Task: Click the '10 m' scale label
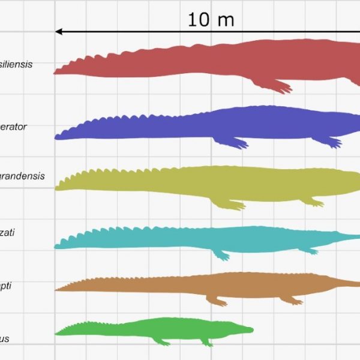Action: click(x=211, y=19)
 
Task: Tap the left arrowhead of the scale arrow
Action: click(x=59, y=31)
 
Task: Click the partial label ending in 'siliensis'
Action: click(x=16, y=64)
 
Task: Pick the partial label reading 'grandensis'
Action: click(x=21, y=176)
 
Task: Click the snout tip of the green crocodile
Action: click(x=252, y=329)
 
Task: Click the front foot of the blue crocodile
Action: click(x=332, y=143)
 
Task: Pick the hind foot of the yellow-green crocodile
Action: click(x=234, y=206)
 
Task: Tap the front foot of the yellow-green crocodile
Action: click(x=314, y=203)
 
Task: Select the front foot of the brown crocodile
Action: click(x=294, y=301)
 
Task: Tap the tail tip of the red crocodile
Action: click(x=56, y=72)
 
